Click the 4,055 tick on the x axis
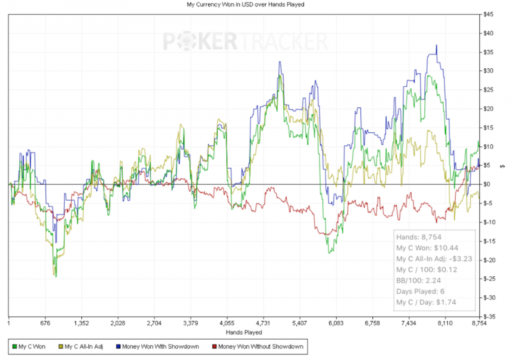(226, 324)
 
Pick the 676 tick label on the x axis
(44, 324)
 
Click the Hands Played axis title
(244, 333)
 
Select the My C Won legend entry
(31, 347)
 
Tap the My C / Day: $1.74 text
(425, 301)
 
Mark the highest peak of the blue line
(436, 45)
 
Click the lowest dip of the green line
(56, 276)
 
